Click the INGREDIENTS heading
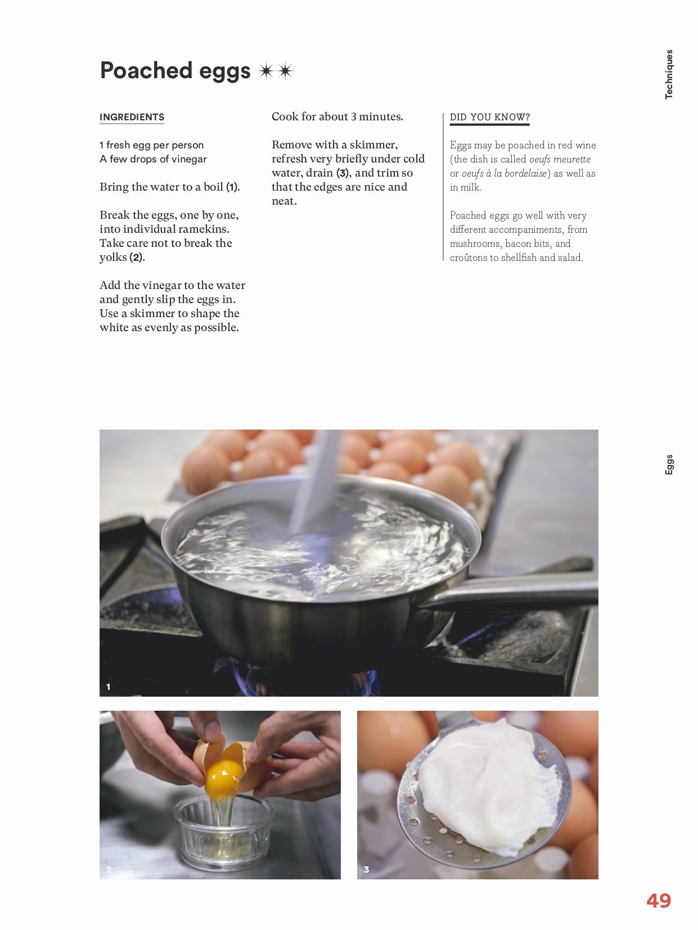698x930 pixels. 132,117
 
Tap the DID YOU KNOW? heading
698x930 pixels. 490,117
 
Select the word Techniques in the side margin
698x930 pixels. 669,74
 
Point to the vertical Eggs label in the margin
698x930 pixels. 669,464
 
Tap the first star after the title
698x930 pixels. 266,71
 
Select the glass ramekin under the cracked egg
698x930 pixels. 223,832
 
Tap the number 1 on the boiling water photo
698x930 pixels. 109,687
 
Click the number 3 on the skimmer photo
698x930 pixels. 367,869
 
